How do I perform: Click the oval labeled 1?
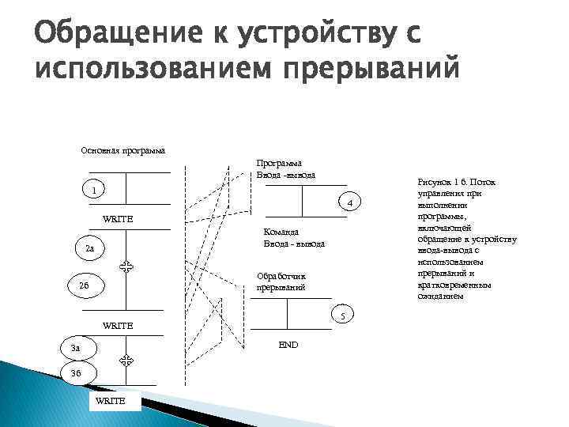click(x=92, y=191)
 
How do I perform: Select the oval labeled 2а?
click(x=90, y=249)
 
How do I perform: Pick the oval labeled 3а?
click(x=77, y=348)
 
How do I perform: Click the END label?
click(x=288, y=345)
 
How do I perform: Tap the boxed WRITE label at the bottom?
click(x=110, y=402)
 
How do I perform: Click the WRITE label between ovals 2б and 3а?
click(x=119, y=326)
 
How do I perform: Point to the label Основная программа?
click(x=123, y=149)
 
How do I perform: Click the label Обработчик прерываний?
click(x=281, y=282)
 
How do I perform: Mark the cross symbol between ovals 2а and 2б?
click(x=125, y=268)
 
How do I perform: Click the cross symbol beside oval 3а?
click(x=125, y=360)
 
